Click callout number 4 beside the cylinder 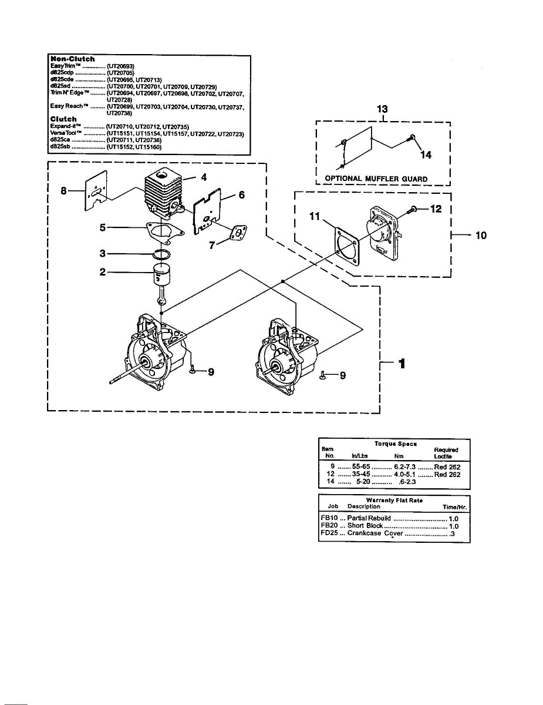pos(203,177)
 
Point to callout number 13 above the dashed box pos(382,109)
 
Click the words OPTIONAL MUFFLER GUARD pos(376,179)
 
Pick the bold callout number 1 pos(402,364)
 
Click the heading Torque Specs pos(396,444)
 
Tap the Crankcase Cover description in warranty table pos(375,533)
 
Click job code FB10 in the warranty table pos(329,519)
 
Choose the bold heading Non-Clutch pos(73,59)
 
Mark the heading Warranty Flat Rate pos(394,501)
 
